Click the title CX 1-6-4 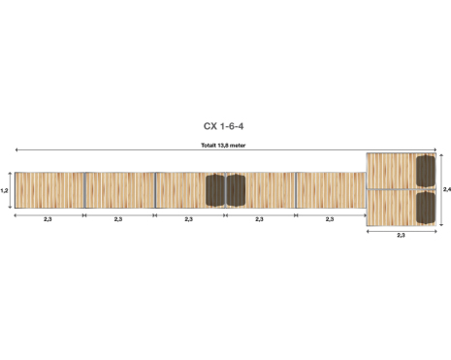pos(223,126)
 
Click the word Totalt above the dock pos(209,146)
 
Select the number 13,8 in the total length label pos(223,146)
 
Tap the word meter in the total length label pos(238,146)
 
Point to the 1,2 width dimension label pos(4,190)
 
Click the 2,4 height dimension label pos(447,189)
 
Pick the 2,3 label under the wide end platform pos(401,235)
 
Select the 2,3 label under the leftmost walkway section pos(48,219)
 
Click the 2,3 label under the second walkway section pos(118,219)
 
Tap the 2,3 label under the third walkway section pos(189,219)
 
